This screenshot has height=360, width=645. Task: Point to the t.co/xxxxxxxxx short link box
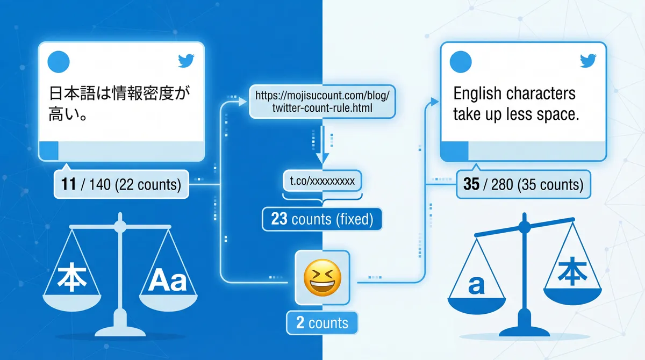point(322,181)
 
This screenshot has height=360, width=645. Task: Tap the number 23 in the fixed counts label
point(279,219)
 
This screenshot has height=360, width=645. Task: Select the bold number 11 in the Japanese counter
point(68,185)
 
